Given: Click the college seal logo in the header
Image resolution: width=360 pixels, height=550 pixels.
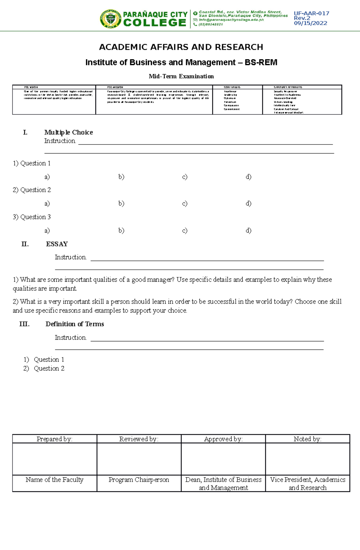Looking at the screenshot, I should [110, 19].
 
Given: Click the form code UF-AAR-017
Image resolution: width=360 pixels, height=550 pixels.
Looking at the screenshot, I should [311, 13].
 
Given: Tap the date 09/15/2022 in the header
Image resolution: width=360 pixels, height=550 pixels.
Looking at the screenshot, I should [310, 23].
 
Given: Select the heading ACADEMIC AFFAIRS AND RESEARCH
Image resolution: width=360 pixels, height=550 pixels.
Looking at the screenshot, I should [181, 47].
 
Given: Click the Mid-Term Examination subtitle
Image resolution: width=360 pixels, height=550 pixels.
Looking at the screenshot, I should [181, 76].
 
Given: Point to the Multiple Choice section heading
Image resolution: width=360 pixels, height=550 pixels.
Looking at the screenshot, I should [68, 132].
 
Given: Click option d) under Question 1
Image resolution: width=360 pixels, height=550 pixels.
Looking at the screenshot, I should [248, 177].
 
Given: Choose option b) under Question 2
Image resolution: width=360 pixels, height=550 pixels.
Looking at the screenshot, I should [121, 204].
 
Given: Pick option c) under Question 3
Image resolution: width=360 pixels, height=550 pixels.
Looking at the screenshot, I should [185, 230].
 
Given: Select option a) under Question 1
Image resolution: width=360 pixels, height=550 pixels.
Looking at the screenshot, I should [47, 177].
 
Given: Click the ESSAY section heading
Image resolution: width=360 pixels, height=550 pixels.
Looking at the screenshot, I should [57, 244].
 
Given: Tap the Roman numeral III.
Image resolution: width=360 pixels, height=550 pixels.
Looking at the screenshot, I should [24, 324].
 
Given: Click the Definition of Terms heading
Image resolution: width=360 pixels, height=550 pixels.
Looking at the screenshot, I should [75, 324].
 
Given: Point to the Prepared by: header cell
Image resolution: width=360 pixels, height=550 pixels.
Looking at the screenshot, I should [55, 439].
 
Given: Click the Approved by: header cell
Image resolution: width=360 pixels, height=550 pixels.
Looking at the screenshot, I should [223, 439].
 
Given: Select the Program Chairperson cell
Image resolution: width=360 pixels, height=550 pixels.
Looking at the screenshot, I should [139, 480].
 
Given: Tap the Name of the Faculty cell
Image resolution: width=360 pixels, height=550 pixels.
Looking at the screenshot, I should [55, 480].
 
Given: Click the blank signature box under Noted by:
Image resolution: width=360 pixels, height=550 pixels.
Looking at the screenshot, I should [307, 459].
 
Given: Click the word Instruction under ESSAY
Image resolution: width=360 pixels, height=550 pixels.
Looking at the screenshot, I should [70, 257].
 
